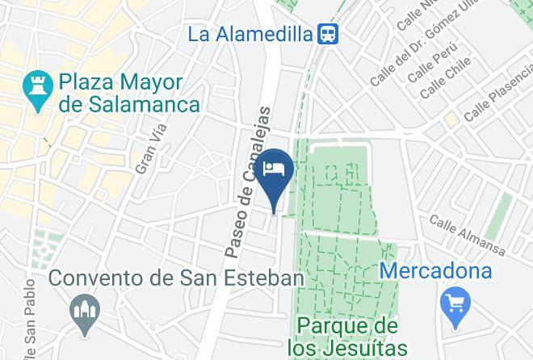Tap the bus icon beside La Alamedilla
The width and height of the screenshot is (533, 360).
point(328,34)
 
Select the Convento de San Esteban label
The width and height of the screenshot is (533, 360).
point(176,278)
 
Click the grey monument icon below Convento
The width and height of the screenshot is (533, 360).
point(84,313)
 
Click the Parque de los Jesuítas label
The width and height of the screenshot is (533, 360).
point(347,337)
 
